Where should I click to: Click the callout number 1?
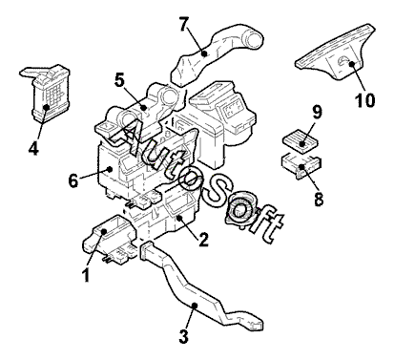86,274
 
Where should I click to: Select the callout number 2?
202,240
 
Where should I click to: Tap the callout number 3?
184,336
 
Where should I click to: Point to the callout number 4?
33,148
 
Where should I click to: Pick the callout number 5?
119,80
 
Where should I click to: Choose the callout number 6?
73,180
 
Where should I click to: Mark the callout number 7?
184,25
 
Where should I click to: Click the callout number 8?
319,199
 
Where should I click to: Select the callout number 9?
317,113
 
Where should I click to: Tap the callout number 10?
365,99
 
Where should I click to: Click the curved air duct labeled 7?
217,54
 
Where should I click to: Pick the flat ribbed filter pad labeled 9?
300,141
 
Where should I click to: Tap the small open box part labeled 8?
301,165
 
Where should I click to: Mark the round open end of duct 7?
254,40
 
